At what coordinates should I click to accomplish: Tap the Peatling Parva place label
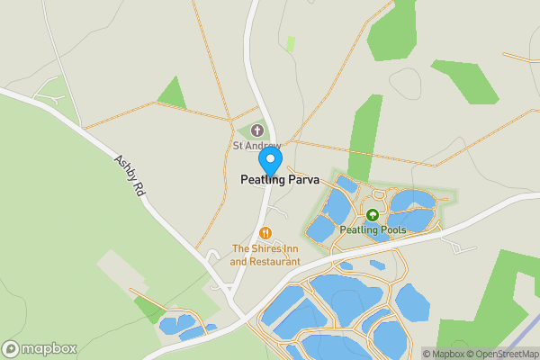pyautogui.click(x=280, y=180)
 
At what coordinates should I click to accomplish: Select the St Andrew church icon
pyautogui.click(x=257, y=131)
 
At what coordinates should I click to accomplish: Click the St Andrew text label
pyautogui.click(x=257, y=146)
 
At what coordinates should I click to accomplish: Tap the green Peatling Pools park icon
pyautogui.click(x=373, y=215)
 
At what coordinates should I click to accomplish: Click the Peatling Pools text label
pyautogui.click(x=373, y=229)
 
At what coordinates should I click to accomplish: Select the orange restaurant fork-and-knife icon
pyautogui.click(x=265, y=233)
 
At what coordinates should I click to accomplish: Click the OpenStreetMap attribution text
pyautogui.click(x=503, y=354)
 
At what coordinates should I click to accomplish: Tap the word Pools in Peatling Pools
pyautogui.click(x=391, y=229)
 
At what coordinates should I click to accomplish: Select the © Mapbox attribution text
pyautogui.click(x=445, y=354)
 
